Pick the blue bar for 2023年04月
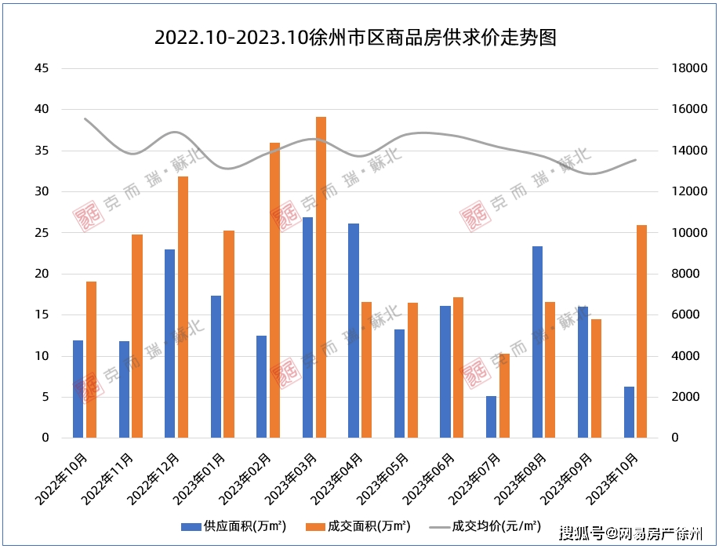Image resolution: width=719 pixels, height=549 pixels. tap(354, 330)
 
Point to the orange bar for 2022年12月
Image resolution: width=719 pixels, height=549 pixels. tap(183, 307)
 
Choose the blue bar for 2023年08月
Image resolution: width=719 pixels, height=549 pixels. tap(537, 342)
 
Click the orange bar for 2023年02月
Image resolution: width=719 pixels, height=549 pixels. tap(274, 290)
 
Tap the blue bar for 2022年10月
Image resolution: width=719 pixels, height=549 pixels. tap(78, 389)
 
